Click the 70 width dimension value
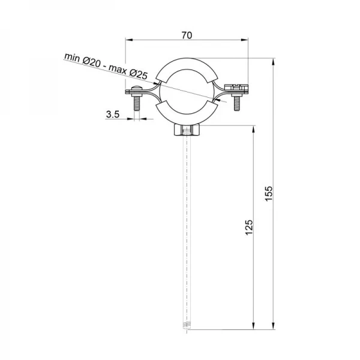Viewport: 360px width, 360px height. click(x=187, y=35)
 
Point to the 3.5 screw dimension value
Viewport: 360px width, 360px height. click(x=112, y=113)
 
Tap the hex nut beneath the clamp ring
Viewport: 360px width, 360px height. click(x=187, y=130)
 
